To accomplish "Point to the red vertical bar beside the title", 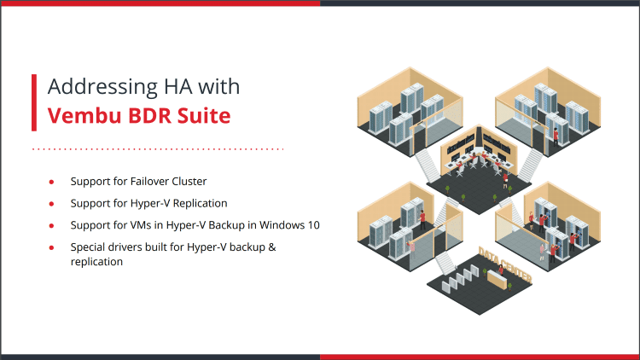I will [34, 102].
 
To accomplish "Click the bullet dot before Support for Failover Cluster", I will [52, 182].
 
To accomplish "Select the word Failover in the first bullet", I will [148, 182].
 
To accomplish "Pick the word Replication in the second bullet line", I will [199, 204].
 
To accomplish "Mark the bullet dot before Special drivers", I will [52, 247].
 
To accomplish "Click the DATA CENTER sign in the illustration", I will [507, 265].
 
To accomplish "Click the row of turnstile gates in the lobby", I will [461, 276].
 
